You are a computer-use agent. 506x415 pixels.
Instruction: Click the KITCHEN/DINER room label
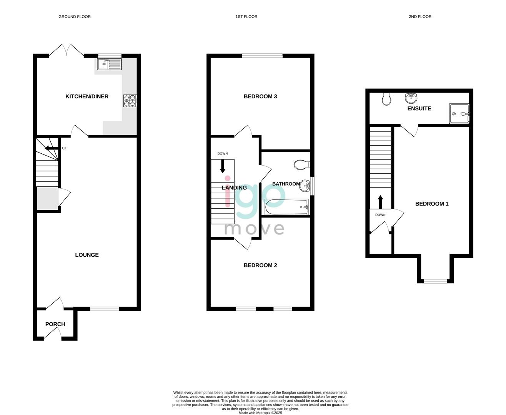pos(87,96)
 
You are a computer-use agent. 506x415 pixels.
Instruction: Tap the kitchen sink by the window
pos(109,64)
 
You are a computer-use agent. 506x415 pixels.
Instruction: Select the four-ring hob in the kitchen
pos(130,100)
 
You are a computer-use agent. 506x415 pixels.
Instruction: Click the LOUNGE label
pos(87,255)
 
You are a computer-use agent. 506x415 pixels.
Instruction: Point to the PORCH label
pos(55,324)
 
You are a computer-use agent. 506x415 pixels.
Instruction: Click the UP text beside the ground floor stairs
pos(64,148)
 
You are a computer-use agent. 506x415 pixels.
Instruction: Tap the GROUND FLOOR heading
pos(75,17)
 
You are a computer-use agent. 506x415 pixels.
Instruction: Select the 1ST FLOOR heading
pos(246,17)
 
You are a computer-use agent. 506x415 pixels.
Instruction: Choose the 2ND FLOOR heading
pos(420,17)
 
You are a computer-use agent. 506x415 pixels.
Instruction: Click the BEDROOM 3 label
pos(260,96)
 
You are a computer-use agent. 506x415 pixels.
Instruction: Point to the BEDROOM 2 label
pos(260,265)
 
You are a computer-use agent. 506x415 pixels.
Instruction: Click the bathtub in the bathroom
pos(286,207)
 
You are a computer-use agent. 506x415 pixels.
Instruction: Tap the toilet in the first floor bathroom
pos(302,165)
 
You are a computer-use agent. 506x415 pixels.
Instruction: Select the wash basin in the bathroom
pos(305,186)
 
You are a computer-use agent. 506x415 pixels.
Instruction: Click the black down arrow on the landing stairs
pos(223,166)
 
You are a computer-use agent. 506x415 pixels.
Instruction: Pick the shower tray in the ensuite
pos(459,114)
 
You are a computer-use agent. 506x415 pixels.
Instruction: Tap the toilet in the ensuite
pos(386,99)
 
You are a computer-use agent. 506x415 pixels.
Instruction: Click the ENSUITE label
pos(419,108)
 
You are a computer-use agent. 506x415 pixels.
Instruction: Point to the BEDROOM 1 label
pos(432,204)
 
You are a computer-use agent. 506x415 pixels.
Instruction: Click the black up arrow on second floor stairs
pos(380,202)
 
